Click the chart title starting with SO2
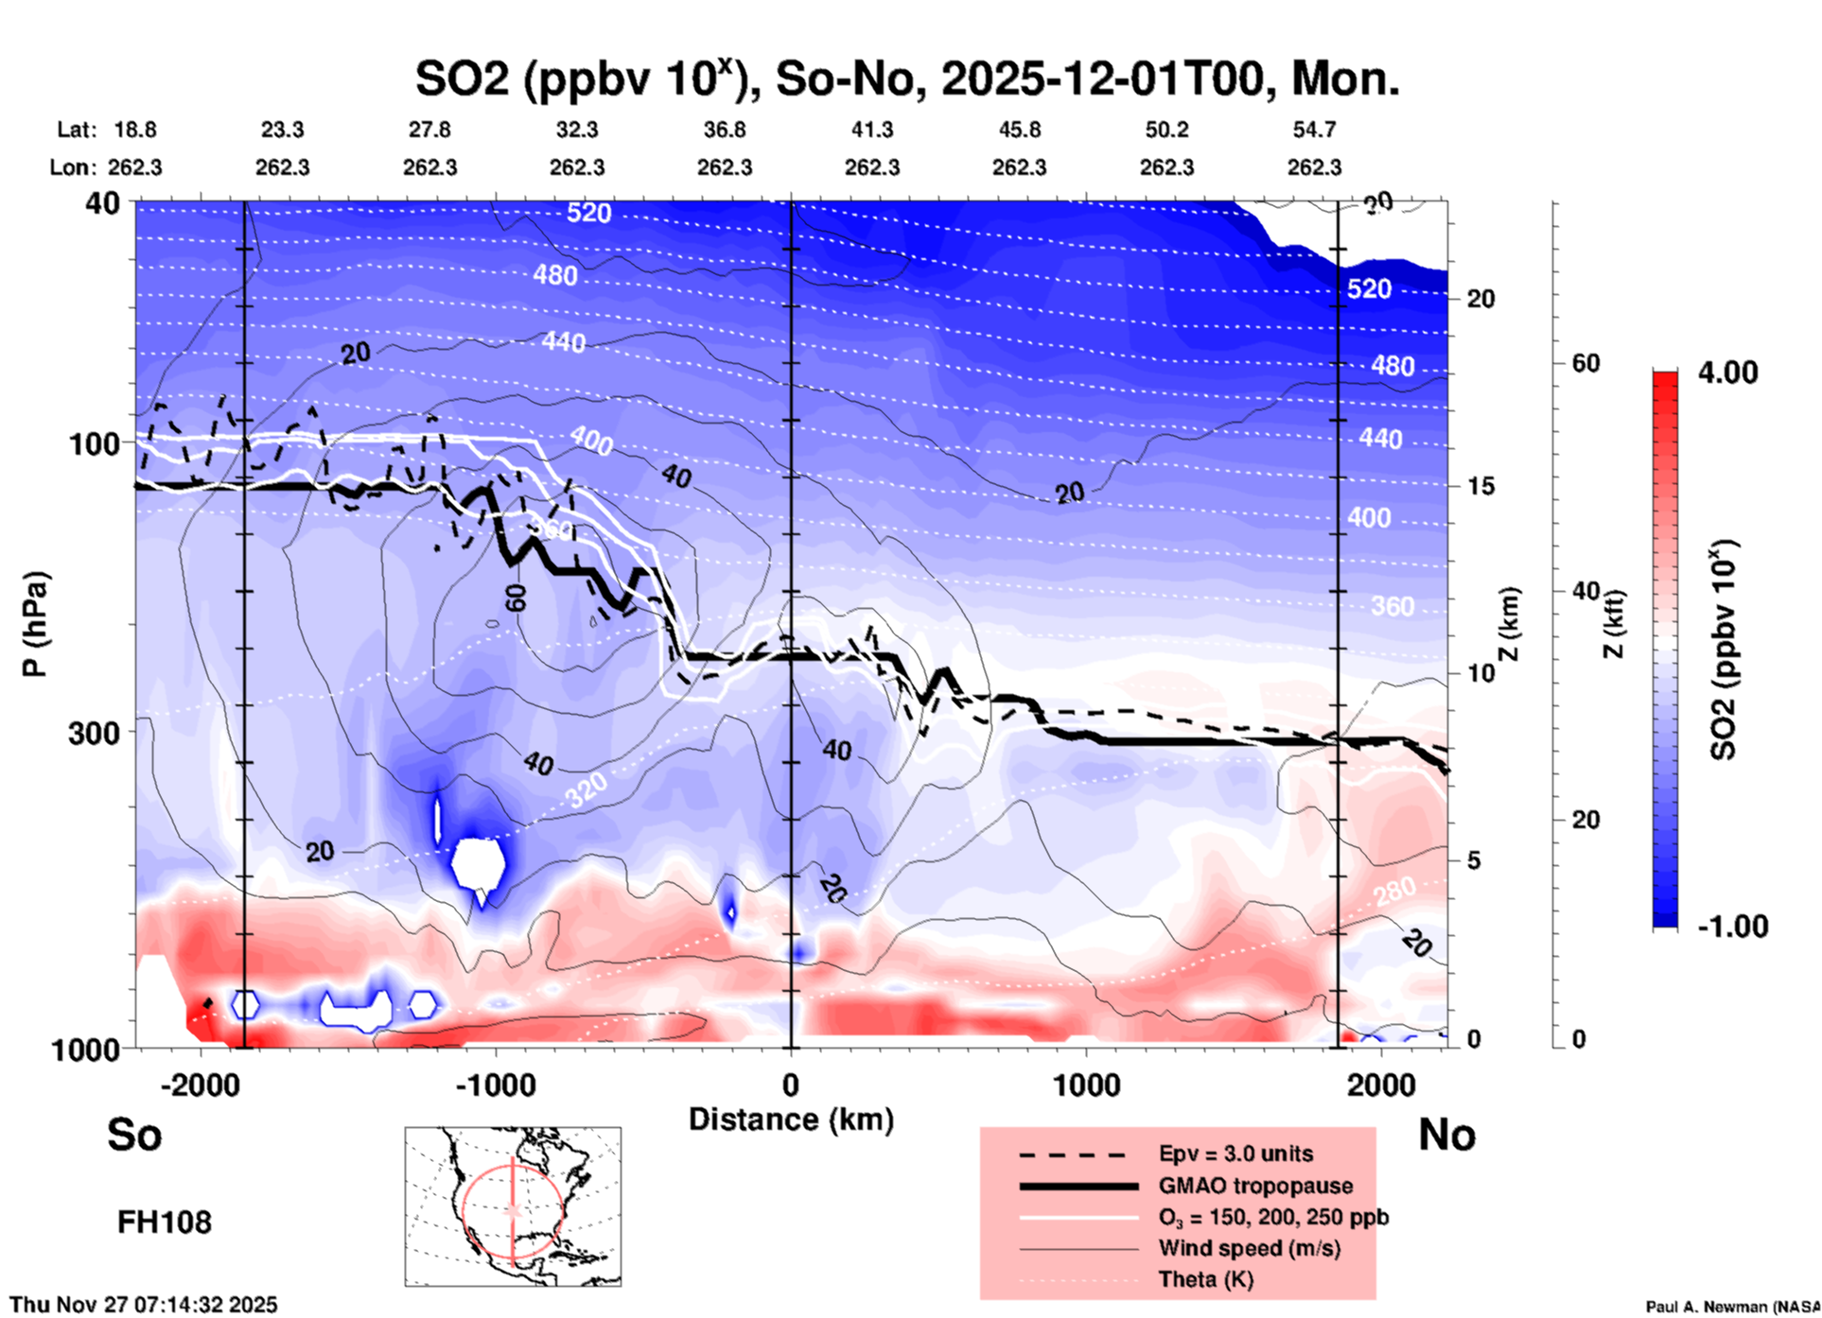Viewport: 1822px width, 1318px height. [x=906, y=78]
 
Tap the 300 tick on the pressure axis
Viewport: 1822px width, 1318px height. [x=94, y=733]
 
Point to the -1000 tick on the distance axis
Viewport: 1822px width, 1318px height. [x=495, y=1084]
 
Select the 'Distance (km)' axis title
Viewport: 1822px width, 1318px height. [x=791, y=1119]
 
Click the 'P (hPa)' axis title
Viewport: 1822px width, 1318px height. [x=35, y=624]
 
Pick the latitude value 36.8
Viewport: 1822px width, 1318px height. [x=725, y=130]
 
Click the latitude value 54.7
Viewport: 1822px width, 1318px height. [x=1314, y=130]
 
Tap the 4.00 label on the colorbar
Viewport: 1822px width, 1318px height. [x=1727, y=373]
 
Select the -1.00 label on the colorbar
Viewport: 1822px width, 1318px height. [x=1732, y=927]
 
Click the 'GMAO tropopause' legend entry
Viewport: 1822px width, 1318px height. [x=1255, y=1186]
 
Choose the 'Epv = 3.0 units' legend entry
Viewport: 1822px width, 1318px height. [x=1235, y=1153]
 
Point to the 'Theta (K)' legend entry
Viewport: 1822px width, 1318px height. [x=1205, y=1279]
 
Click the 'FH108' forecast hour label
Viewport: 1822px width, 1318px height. [x=165, y=1223]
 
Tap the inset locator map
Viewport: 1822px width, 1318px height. [x=513, y=1205]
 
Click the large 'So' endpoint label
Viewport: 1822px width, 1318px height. [x=134, y=1135]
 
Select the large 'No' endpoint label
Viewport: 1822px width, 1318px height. [x=1446, y=1135]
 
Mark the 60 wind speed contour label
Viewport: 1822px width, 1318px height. [x=516, y=598]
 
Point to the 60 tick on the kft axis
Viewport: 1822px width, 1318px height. [x=1585, y=363]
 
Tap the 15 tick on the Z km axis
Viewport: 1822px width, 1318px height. [x=1480, y=486]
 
